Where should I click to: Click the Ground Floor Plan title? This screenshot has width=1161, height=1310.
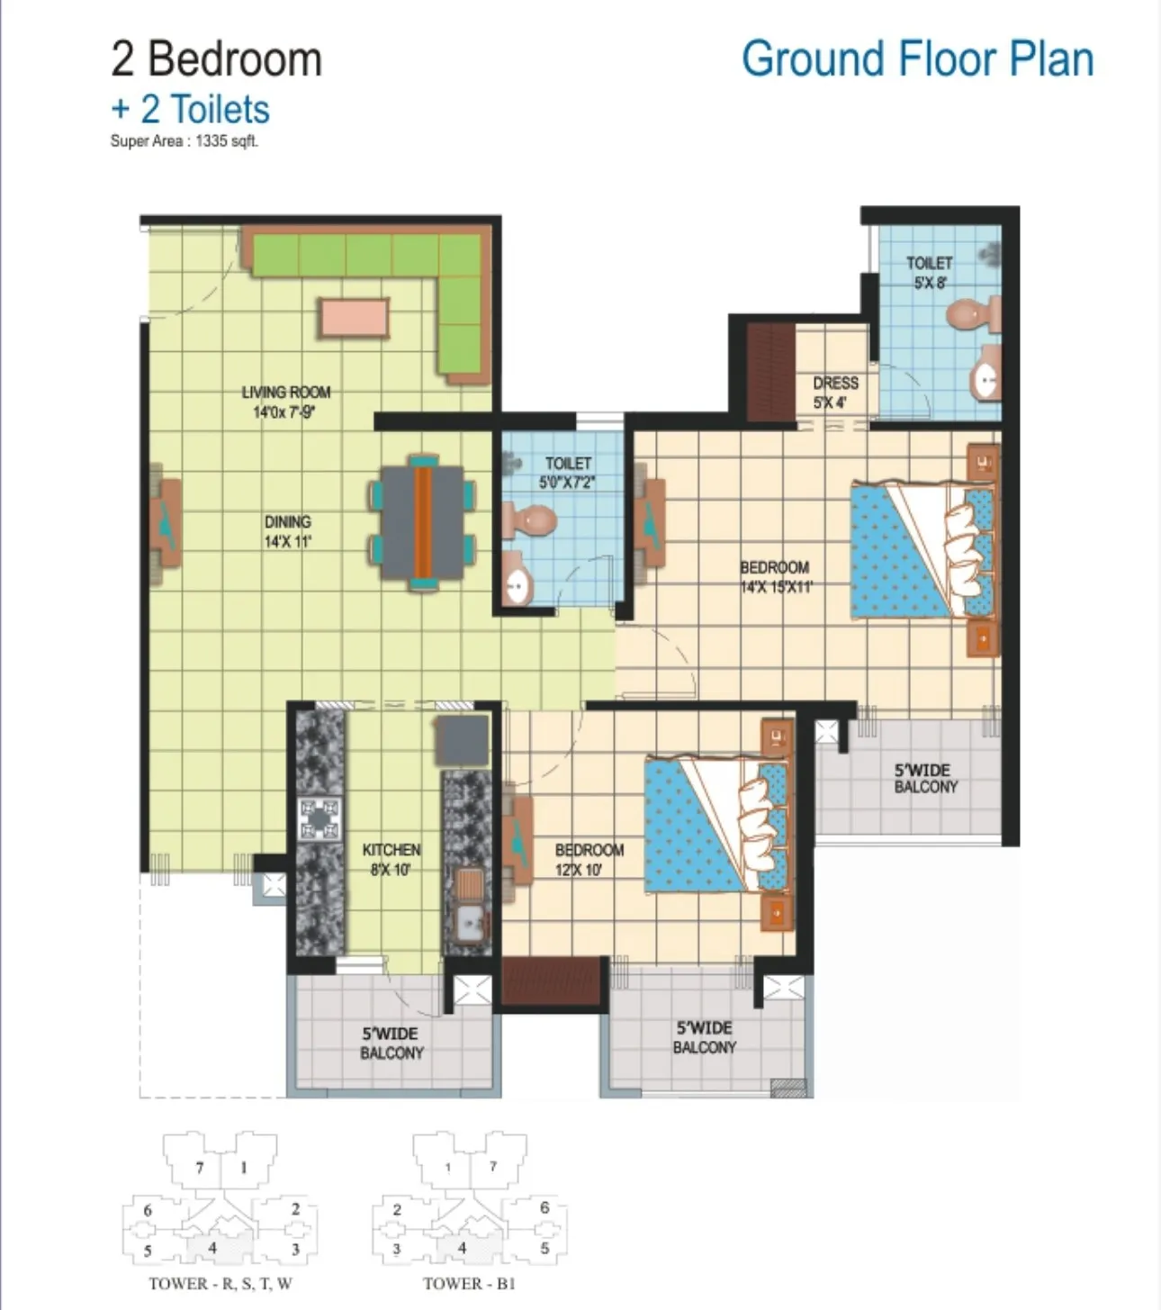click(x=917, y=59)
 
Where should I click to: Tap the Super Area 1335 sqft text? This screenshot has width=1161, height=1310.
click(x=184, y=141)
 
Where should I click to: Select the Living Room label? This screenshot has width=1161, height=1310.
click(x=285, y=402)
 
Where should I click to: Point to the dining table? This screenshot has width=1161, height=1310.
click(x=423, y=522)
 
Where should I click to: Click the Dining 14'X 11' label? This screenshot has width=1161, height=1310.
click(x=288, y=531)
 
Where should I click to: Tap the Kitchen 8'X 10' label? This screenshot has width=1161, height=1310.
click(x=391, y=859)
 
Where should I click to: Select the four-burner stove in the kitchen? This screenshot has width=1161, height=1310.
click(x=319, y=819)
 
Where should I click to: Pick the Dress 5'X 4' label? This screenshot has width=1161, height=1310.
click(x=835, y=393)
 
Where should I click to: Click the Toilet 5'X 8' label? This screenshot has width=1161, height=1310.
click(x=929, y=272)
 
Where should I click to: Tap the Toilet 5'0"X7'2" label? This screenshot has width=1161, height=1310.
click(x=568, y=473)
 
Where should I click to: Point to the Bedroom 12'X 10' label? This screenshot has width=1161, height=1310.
click(x=589, y=859)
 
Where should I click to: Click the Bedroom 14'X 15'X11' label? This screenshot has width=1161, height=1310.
click(x=775, y=577)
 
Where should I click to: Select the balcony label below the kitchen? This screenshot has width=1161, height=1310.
click(x=391, y=1043)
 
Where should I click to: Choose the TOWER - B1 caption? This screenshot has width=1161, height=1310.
click(x=469, y=1284)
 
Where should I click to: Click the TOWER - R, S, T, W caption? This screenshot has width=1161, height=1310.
click(x=220, y=1284)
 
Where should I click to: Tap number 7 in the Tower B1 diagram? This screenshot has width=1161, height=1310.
click(x=493, y=1167)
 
